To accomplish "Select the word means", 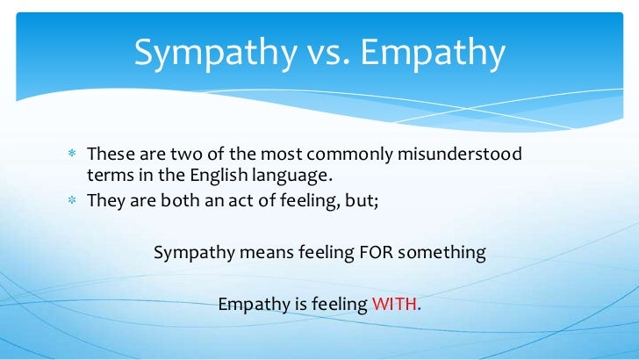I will [254, 253].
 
